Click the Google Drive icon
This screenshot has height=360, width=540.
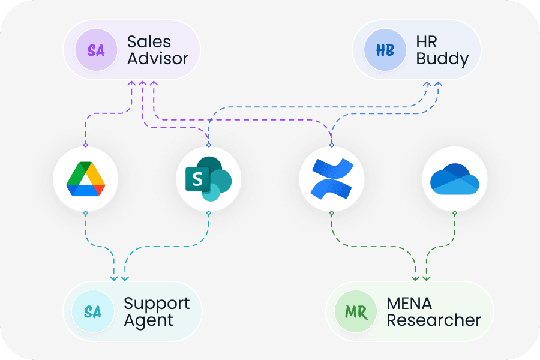[85, 179]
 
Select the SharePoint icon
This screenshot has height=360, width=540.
[208, 179]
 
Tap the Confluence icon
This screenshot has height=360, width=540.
[331, 179]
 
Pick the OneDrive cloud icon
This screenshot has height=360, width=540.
[454, 179]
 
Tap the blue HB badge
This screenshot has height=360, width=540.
[385, 50]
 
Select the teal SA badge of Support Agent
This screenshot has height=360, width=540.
[92, 313]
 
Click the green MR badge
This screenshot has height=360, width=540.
[355, 313]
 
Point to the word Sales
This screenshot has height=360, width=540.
[149, 42]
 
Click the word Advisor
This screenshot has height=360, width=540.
[158, 59]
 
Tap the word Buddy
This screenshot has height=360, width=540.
[442, 59]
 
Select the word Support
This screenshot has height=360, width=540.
[157, 304]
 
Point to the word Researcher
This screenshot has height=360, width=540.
[433, 320]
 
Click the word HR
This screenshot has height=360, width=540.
[427, 42]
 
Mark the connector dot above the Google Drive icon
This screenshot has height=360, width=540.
[85, 145]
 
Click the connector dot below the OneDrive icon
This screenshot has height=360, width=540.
[454, 212]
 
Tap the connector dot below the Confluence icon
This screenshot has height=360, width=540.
[331, 212]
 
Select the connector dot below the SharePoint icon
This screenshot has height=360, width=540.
[208, 212]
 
